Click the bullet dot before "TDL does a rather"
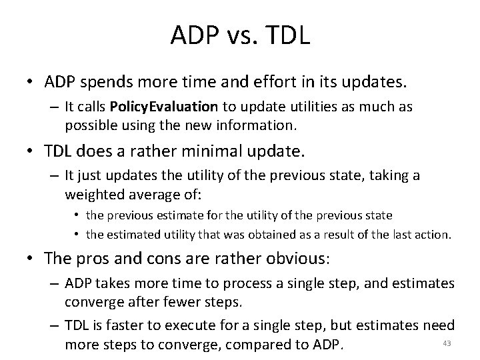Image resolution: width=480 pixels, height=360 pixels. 31,153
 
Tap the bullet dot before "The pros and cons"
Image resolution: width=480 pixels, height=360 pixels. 31,259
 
